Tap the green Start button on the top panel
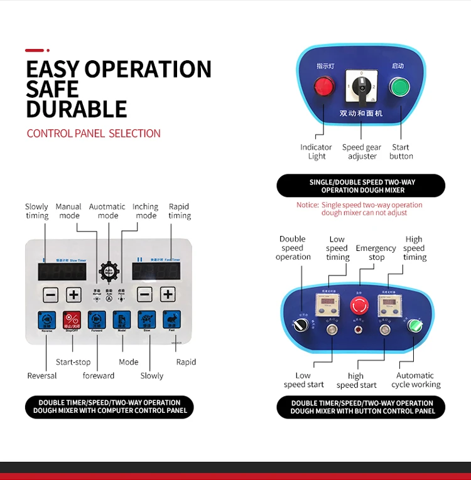click(x=399, y=86)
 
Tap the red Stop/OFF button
click(x=72, y=320)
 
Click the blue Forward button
click(x=97, y=320)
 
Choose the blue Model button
click(x=122, y=320)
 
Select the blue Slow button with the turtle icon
click(x=146, y=320)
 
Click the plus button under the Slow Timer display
click(x=74, y=294)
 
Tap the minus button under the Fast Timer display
click(x=144, y=294)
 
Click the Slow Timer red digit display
click(x=62, y=271)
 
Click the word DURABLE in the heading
click(x=76, y=109)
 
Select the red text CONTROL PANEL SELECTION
click(x=94, y=133)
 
